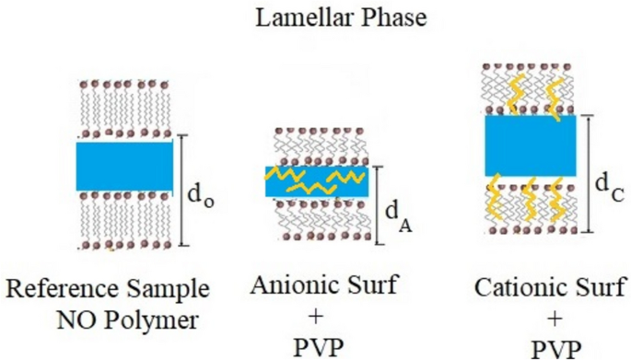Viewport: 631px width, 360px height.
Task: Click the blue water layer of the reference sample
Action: [x=123, y=167]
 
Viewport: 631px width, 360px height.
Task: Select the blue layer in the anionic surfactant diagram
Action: [x=317, y=181]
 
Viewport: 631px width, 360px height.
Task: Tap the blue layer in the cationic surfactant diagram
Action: [x=531, y=145]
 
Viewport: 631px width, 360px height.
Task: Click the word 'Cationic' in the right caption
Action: [x=517, y=286]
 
